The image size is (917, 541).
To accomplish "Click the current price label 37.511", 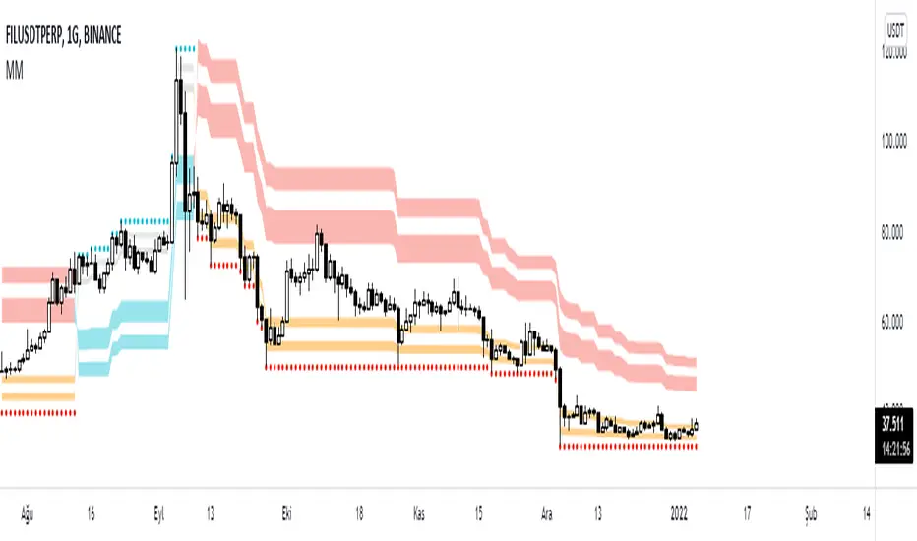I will coord(894,423).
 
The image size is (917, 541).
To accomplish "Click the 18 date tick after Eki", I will coord(360,514).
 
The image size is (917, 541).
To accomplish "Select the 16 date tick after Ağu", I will coord(91,514).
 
